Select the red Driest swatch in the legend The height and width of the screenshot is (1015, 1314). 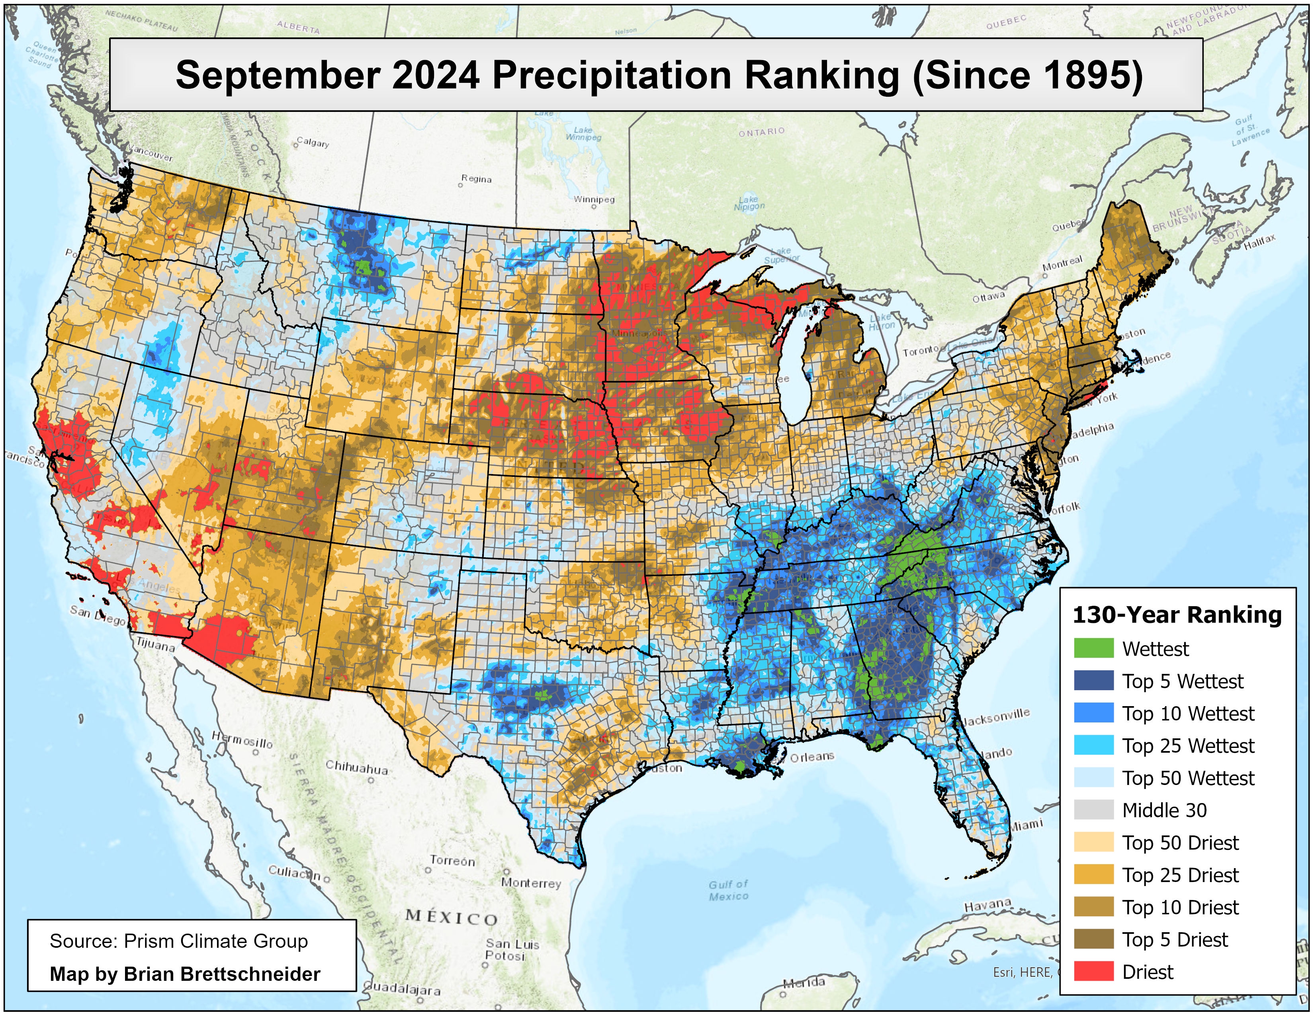pyautogui.click(x=1093, y=971)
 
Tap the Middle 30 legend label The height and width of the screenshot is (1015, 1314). pyautogui.click(x=1164, y=810)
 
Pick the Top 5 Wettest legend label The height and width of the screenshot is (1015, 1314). pyautogui.click(x=1182, y=681)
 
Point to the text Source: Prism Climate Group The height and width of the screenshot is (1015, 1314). pyautogui.click(x=179, y=941)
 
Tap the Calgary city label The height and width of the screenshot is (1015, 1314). pyautogui.click(x=313, y=143)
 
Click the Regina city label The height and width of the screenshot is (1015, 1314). pyautogui.click(x=477, y=179)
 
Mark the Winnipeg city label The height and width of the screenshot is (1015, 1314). pyautogui.click(x=594, y=199)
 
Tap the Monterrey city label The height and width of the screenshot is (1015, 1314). pyautogui.click(x=531, y=883)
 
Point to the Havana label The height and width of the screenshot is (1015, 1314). pyautogui.click(x=988, y=906)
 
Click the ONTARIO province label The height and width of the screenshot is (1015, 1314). pyautogui.click(x=762, y=131)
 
